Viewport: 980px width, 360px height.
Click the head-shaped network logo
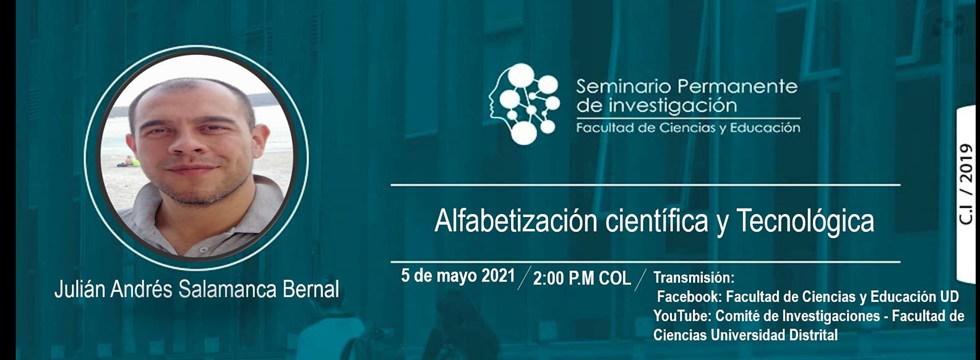click(x=524, y=104)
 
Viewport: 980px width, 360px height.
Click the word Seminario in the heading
click(x=624, y=87)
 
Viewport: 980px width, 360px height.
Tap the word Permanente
click(x=737, y=87)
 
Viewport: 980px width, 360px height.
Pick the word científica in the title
click(x=656, y=221)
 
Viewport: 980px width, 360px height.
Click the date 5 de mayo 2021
click(x=458, y=276)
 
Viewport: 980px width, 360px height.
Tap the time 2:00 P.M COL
click(x=582, y=278)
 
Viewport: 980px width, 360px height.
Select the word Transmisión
click(x=694, y=277)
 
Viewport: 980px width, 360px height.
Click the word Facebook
click(x=689, y=296)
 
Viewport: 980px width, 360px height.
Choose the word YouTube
click(x=682, y=315)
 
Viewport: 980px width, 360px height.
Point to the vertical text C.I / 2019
click(x=966, y=184)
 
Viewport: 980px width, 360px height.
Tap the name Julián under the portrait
click(x=80, y=289)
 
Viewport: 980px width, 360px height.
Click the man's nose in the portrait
click(x=184, y=142)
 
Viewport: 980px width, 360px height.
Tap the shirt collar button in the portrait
click(x=204, y=249)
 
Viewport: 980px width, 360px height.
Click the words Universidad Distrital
click(x=774, y=335)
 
